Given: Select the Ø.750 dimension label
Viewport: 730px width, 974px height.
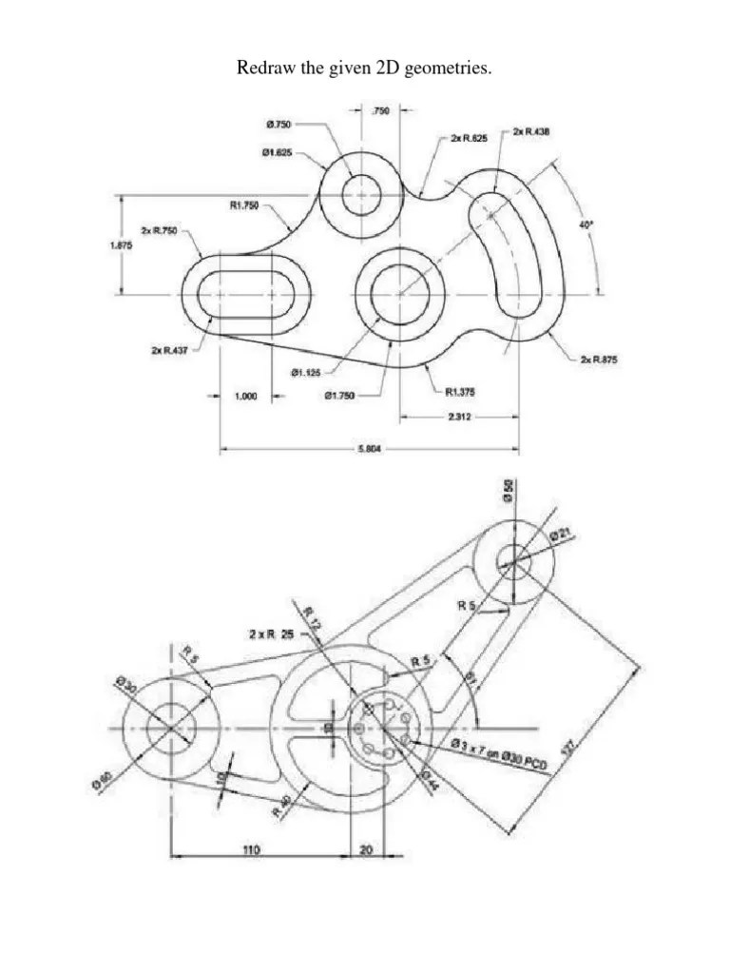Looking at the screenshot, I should [279, 124].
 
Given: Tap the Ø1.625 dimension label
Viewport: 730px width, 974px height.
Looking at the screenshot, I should [279, 152].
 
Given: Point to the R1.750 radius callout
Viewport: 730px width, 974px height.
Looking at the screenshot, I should [244, 205].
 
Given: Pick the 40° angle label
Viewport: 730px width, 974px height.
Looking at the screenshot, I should [586, 224].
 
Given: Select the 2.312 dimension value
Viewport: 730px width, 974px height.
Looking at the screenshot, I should [459, 417].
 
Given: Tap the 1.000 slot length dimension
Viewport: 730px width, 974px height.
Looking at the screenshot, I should [246, 398].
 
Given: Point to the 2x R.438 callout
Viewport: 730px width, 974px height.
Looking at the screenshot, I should [531, 131].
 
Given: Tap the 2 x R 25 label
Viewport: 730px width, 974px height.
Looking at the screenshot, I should [274, 633].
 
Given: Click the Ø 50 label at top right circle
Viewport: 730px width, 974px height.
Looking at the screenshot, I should [509, 492].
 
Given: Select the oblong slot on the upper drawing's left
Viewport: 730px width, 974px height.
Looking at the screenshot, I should [246, 294].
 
